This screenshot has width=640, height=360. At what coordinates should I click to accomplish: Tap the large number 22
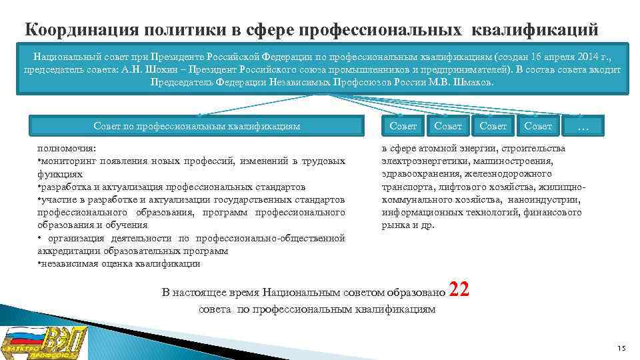tap(459, 289)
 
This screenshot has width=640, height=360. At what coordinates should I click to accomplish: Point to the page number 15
tap(621, 349)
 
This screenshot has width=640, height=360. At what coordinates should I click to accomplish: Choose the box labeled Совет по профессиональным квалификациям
tap(197, 126)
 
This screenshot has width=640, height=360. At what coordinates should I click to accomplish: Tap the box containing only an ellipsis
tap(583, 126)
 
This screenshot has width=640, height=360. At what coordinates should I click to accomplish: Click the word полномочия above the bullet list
tap(66, 149)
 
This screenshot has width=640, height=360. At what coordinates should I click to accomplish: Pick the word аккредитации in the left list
tap(67, 251)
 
